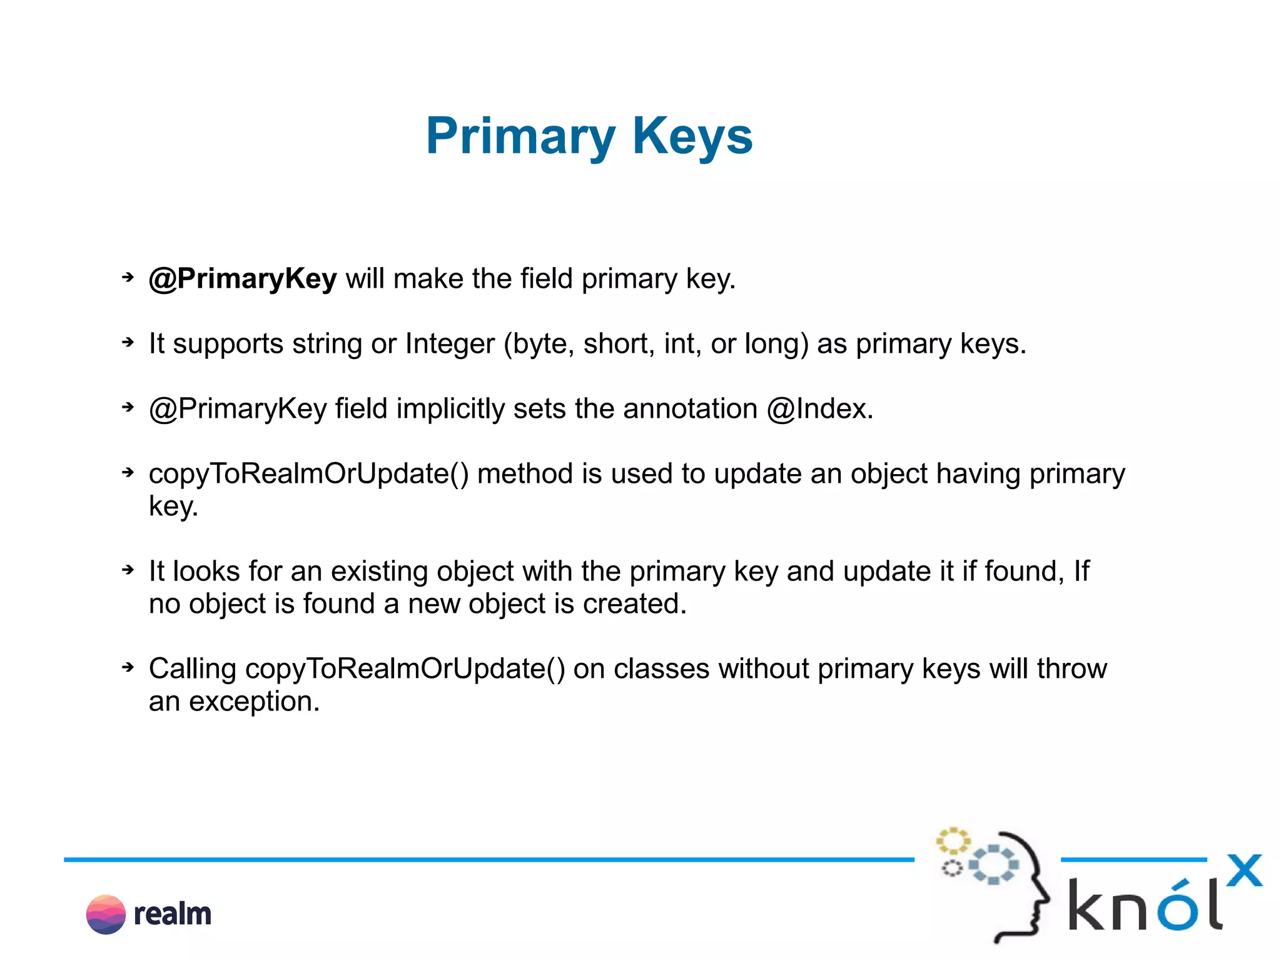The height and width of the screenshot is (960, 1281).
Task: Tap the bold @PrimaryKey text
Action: pos(243,279)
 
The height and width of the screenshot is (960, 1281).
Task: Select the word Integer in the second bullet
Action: pos(450,344)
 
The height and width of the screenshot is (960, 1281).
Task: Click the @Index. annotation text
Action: pos(820,409)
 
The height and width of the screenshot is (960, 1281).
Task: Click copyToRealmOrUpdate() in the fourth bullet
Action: pos(308,474)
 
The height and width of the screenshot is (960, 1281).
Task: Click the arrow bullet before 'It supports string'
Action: pos(128,342)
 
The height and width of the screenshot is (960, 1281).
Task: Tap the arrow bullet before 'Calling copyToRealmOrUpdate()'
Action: pos(128,667)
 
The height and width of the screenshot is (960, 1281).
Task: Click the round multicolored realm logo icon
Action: pos(106,914)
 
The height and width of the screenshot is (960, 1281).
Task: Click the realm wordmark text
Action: pos(173,914)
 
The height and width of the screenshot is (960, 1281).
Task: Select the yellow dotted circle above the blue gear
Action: pos(953,841)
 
